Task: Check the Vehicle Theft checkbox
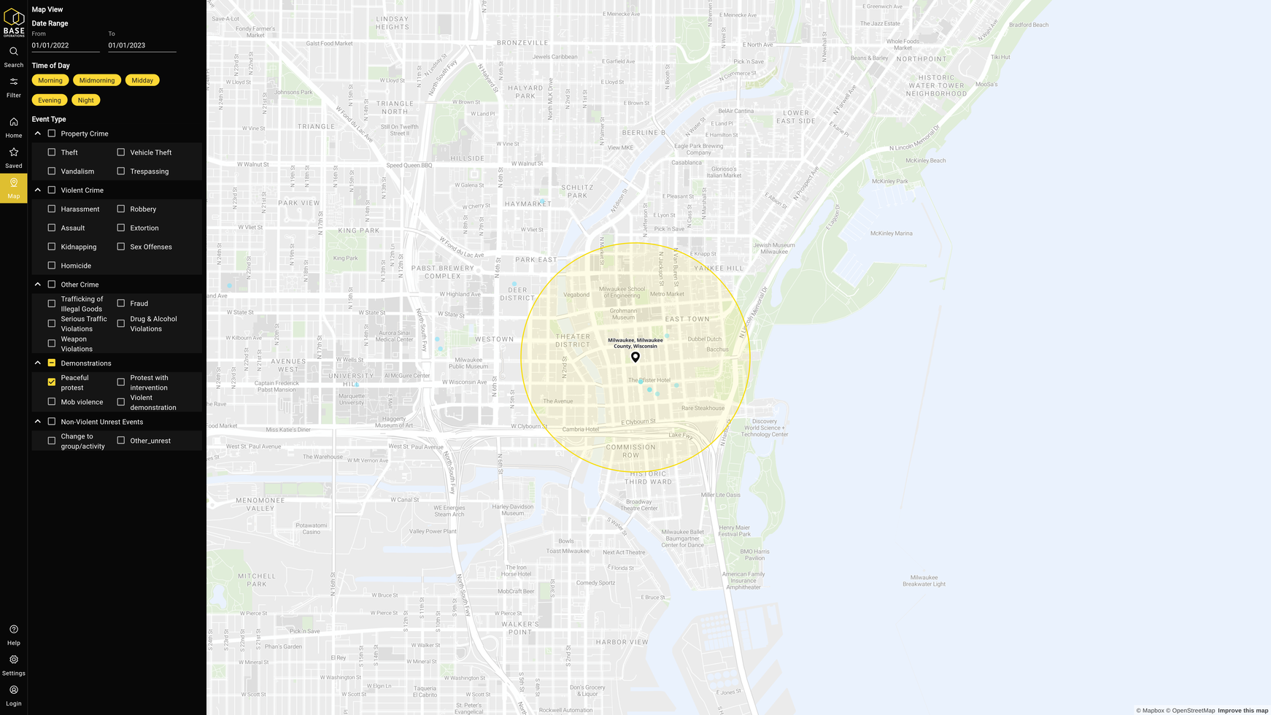[121, 152]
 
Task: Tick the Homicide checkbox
[52, 266]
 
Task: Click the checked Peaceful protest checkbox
[52, 382]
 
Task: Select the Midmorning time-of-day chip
[97, 80]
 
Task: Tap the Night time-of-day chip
[86, 100]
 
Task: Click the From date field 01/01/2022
[66, 45]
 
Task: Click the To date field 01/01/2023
[142, 45]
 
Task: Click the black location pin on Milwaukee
[635, 357]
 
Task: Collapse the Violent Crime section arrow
[38, 190]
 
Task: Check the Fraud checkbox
[121, 304]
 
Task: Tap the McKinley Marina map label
[891, 233]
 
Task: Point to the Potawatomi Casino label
[312, 528]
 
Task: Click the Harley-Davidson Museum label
[513, 509]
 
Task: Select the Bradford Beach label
[1029, 25]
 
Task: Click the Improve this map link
[1243, 711]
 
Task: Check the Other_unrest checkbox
[121, 441]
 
